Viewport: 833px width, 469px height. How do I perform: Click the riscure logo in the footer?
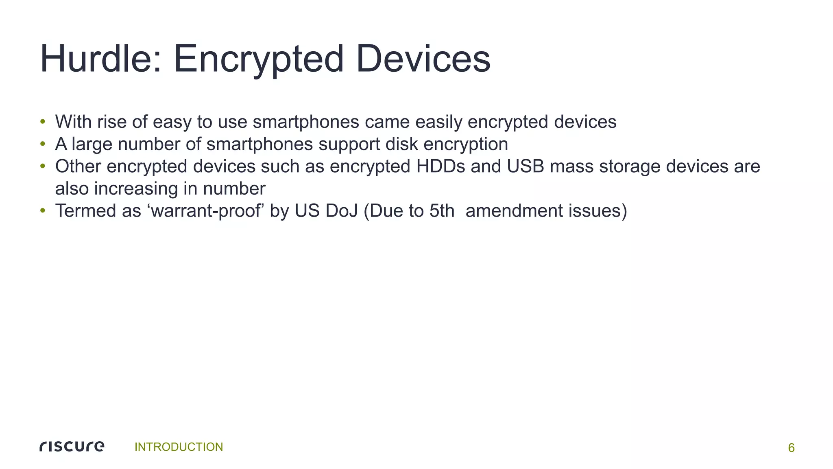(72, 447)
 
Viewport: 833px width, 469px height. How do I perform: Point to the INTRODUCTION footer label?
(179, 447)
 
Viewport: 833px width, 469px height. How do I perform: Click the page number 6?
(791, 448)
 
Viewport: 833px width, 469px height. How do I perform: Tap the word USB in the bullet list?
(526, 166)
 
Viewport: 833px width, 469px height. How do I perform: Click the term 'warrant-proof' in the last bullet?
(205, 211)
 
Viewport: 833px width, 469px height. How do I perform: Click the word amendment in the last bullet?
(514, 211)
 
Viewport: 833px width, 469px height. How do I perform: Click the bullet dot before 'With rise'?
(42, 122)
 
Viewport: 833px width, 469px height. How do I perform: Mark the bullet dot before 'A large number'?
(42, 144)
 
